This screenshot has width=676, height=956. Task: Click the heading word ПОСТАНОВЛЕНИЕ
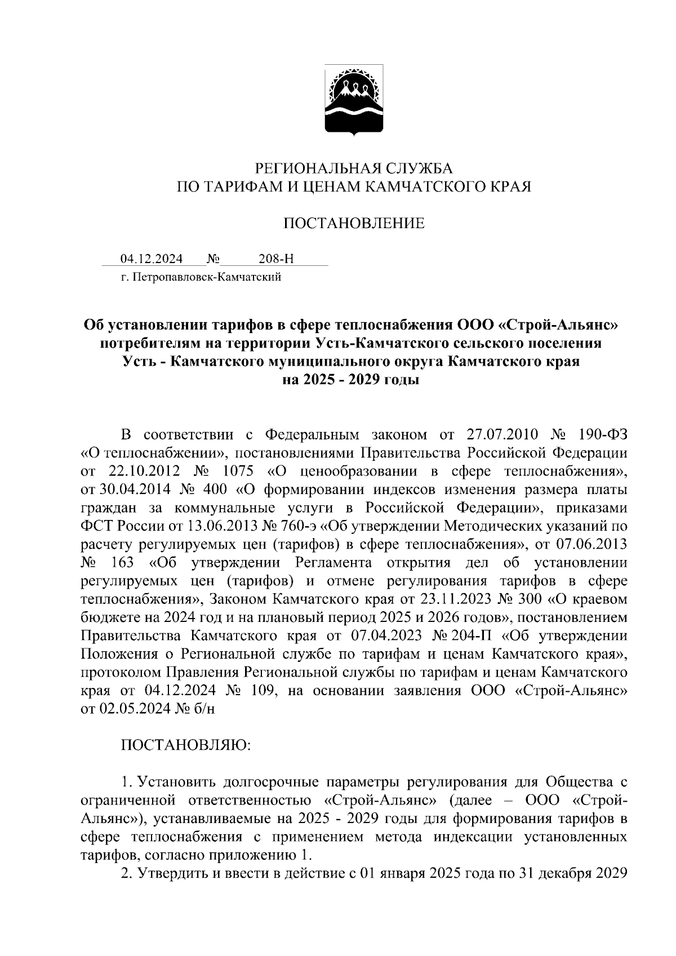pyautogui.click(x=354, y=224)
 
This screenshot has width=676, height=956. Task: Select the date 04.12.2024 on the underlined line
pyautogui.click(x=152, y=259)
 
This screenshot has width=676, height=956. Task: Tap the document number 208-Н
pyautogui.click(x=276, y=259)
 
